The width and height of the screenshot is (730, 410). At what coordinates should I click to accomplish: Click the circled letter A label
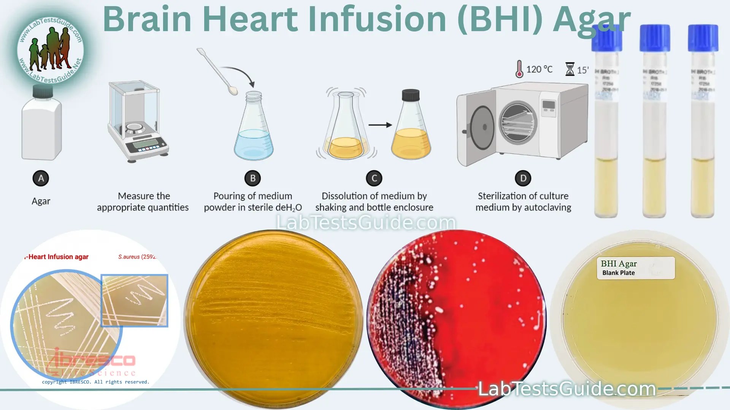pyautogui.click(x=41, y=178)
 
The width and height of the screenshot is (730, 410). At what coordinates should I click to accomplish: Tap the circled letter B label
pyautogui.click(x=252, y=178)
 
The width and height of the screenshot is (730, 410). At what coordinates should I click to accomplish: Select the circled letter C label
pyautogui.click(x=374, y=178)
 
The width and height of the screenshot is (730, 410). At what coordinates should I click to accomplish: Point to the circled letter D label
pyautogui.click(x=523, y=178)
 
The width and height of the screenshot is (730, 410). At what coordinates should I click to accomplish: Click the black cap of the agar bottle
pyautogui.click(x=42, y=91)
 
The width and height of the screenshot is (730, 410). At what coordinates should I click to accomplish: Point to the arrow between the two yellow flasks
pyautogui.click(x=380, y=125)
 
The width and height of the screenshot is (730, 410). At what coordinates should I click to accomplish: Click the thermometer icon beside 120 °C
pyautogui.click(x=519, y=69)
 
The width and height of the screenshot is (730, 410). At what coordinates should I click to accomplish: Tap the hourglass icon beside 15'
pyautogui.click(x=570, y=69)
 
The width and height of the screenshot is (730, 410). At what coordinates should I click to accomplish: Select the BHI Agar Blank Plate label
pyautogui.click(x=635, y=268)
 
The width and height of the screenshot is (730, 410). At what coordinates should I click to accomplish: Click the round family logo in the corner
pyautogui.click(x=50, y=49)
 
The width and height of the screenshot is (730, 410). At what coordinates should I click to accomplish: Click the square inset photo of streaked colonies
pyautogui.click(x=134, y=300)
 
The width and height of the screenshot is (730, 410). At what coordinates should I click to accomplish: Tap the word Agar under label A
pyautogui.click(x=41, y=201)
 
